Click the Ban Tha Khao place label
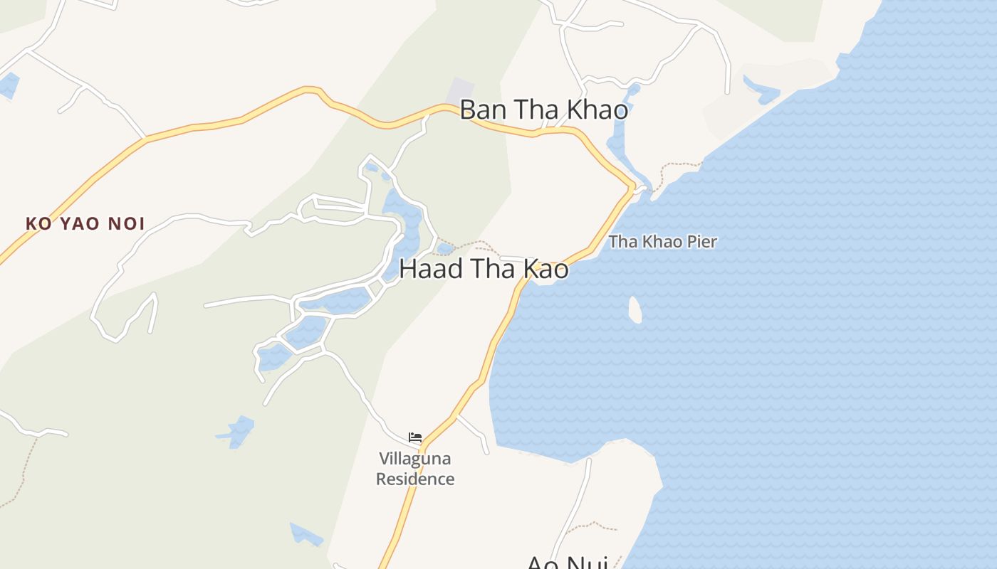pyautogui.click(x=543, y=110)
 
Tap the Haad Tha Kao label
pyautogui.click(x=484, y=269)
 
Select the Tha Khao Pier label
pyautogui.click(x=662, y=242)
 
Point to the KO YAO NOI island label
pyautogui.click(x=85, y=224)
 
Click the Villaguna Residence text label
pyautogui.click(x=415, y=469)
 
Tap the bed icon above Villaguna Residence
pyautogui.click(x=415, y=437)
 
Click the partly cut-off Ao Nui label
pyautogui.click(x=567, y=563)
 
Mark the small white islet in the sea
pyautogui.click(x=635, y=309)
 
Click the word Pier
pyautogui.click(x=701, y=242)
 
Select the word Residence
pyautogui.click(x=415, y=479)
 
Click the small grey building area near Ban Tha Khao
pyautogui.click(x=460, y=91)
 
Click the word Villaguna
pyautogui.click(x=415, y=459)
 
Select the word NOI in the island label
pyautogui.click(x=126, y=224)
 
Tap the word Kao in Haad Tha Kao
pyautogui.click(x=546, y=269)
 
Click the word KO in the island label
pyautogui.click(x=38, y=224)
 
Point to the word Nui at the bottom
pyautogui.click(x=587, y=563)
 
